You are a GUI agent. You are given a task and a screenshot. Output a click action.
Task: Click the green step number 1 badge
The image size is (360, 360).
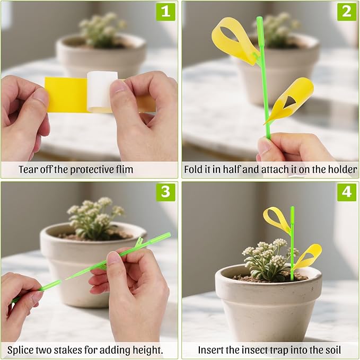tap(165, 12)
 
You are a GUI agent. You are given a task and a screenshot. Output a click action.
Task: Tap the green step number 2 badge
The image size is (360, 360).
tap(347, 12)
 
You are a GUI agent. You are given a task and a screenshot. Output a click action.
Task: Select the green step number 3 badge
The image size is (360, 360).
tap(165, 192)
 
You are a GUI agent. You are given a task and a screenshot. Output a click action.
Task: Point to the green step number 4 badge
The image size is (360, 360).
tap(347, 192)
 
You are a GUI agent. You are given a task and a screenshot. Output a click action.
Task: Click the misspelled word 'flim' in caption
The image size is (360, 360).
tap(123, 170)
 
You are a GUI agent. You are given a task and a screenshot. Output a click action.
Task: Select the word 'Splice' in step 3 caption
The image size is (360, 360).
tap(21, 350)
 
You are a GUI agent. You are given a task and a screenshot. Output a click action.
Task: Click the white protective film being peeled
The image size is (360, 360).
tap(101, 90)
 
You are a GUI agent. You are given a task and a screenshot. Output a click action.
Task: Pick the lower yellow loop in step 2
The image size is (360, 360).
tap(293, 98)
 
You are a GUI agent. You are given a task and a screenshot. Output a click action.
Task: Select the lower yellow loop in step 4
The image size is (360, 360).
tap(309, 255)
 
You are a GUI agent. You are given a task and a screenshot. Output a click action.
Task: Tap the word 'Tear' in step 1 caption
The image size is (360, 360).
tap(29, 170)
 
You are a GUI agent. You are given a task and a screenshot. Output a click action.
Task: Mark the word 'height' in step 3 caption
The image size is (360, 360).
tap(148, 350)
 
